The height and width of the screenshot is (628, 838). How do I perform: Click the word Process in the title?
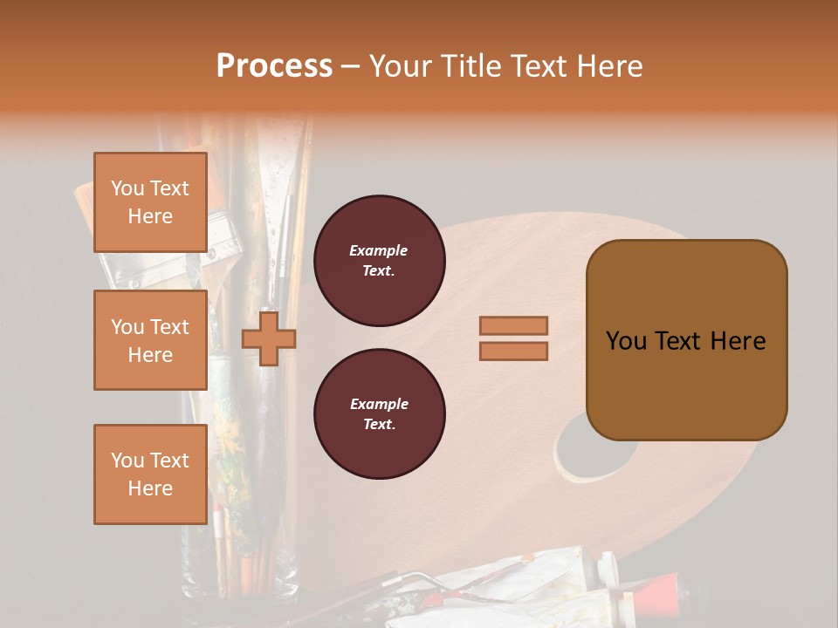tap(274, 66)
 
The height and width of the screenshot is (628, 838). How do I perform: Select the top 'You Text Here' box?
tap(150, 202)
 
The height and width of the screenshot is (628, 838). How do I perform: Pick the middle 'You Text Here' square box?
tap(150, 340)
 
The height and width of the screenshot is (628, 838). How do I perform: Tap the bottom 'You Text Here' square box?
tap(150, 474)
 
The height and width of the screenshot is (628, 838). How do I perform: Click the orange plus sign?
tap(269, 338)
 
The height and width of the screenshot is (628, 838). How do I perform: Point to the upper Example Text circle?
tap(380, 260)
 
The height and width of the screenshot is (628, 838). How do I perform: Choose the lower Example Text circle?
tap(380, 413)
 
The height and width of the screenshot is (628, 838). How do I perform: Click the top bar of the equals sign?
tap(513, 326)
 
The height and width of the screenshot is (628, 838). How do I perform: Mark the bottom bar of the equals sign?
tap(513, 351)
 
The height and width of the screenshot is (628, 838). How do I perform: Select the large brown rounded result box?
tap(686, 340)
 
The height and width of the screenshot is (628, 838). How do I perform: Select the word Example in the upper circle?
tap(379, 250)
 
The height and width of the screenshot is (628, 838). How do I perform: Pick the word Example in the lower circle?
tap(379, 404)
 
